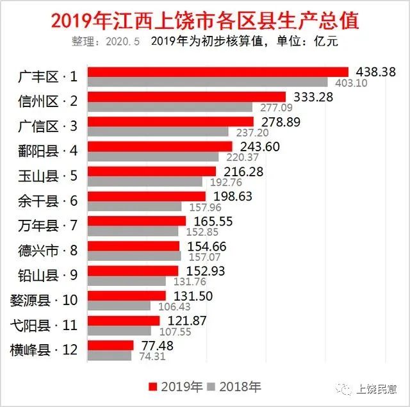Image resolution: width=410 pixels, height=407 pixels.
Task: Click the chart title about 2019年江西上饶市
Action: click(x=204, y=21)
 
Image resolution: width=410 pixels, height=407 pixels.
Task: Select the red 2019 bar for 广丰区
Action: click(x=218, y=72)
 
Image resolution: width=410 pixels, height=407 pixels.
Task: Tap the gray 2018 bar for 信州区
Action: click(x=170, y=107)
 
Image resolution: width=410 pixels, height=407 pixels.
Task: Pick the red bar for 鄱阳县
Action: click(x=160, y=146)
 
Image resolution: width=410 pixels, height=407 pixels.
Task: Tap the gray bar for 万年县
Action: click(x=133, y=231)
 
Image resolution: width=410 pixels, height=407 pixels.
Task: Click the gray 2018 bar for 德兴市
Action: click(x=134, y=256)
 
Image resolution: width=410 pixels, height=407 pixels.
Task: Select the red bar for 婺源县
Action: click(x=126, y=295)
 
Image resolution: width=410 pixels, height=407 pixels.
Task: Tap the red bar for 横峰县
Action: click(x=110, y=345)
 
